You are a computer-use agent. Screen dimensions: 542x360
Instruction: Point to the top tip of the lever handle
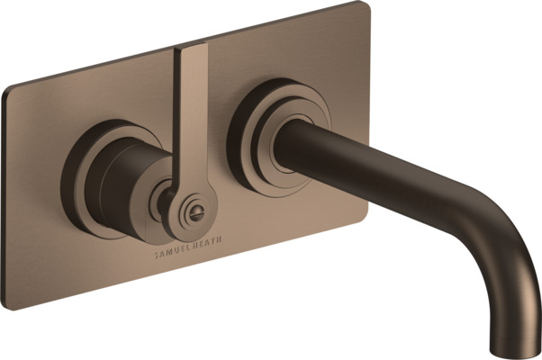pyautogui.click(x=191, y=45)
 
